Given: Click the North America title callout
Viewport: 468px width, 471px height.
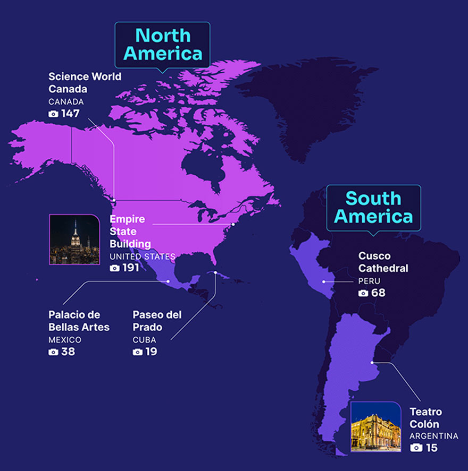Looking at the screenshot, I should click(x=163, y=45).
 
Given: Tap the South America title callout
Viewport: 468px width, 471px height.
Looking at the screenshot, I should click(x=373, y=208).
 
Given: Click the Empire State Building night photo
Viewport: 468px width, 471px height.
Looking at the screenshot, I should click(x=74, y=239).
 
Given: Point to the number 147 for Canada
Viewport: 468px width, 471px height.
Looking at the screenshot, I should click(x=70, y=114).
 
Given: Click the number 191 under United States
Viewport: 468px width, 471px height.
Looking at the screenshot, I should click(x=130, y=268).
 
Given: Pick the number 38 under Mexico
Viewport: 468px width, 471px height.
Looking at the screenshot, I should click(x=68, y=352).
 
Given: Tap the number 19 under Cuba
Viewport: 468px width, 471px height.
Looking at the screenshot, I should click(x=151, y=352).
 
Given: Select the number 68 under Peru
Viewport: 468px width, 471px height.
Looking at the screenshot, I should click(x=379, y=293).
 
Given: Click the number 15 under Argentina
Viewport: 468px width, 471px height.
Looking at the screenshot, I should click(x=431, y=448).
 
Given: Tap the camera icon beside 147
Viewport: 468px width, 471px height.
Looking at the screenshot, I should click(x=53, y=114).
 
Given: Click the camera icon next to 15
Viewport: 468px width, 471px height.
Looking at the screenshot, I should click(x=416, y=448).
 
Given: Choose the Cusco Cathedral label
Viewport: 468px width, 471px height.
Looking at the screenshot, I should click(x=383, y=262).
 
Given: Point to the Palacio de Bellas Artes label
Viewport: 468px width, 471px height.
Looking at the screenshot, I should click(x=79, y=321).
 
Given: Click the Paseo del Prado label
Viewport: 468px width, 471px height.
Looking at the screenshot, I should click(x=157, y=321).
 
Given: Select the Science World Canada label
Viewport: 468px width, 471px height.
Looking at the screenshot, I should click(x=85, y=82).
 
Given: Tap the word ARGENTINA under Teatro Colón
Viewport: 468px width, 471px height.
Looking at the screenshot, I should click(x=433, y=436).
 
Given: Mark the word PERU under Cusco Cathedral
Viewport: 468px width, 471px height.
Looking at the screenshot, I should click(x=369, y=281).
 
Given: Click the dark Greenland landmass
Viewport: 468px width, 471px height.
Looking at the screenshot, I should click(x=308, y=106).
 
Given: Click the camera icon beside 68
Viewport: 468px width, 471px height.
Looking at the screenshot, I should click(x=363, y=293).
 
